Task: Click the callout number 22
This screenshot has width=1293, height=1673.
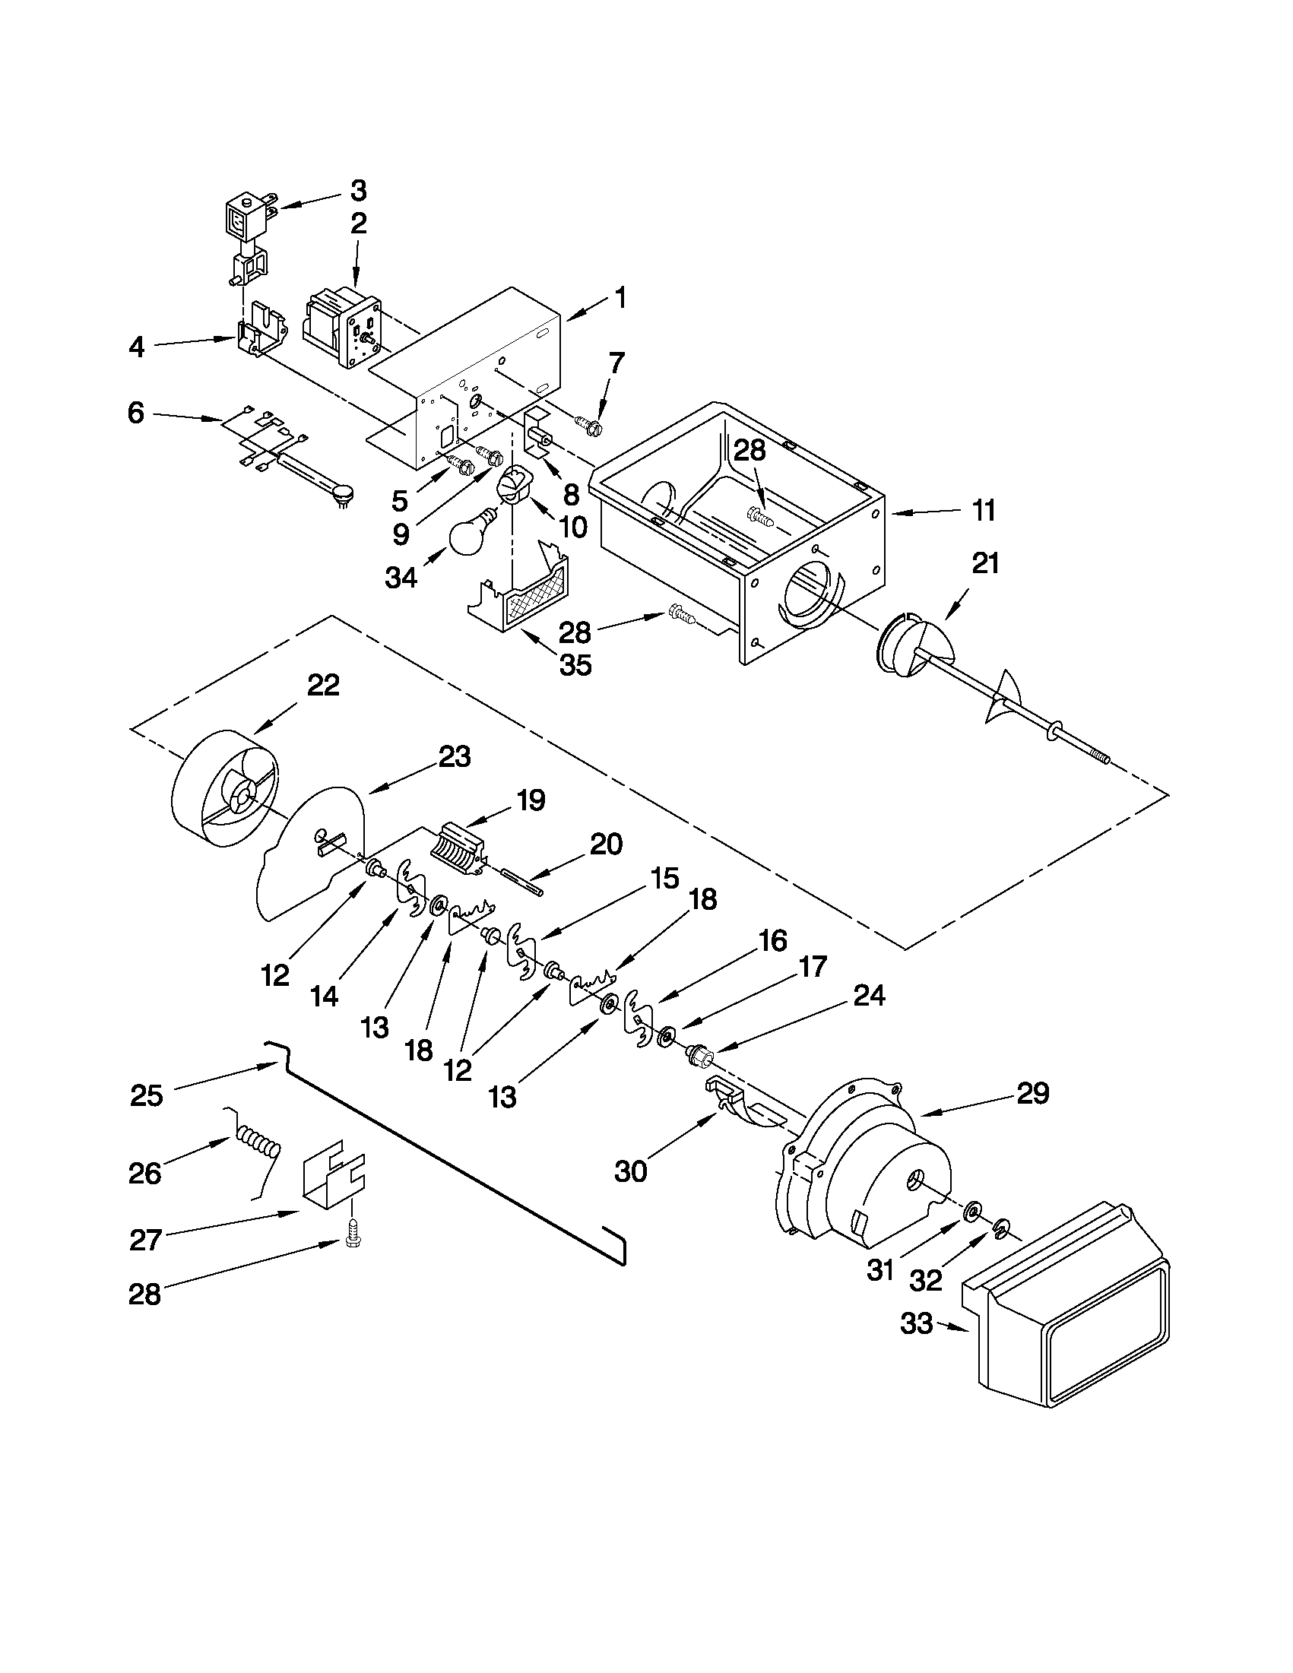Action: click(322, 685)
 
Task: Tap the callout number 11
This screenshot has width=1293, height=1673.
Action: click(984, 510)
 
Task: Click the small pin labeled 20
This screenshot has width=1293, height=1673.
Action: click(521, 880)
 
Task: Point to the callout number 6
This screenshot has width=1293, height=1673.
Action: click(135, 413)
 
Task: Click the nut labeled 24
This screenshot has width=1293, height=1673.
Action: click(699, 1056)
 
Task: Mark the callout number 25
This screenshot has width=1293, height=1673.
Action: click(146, 1096)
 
